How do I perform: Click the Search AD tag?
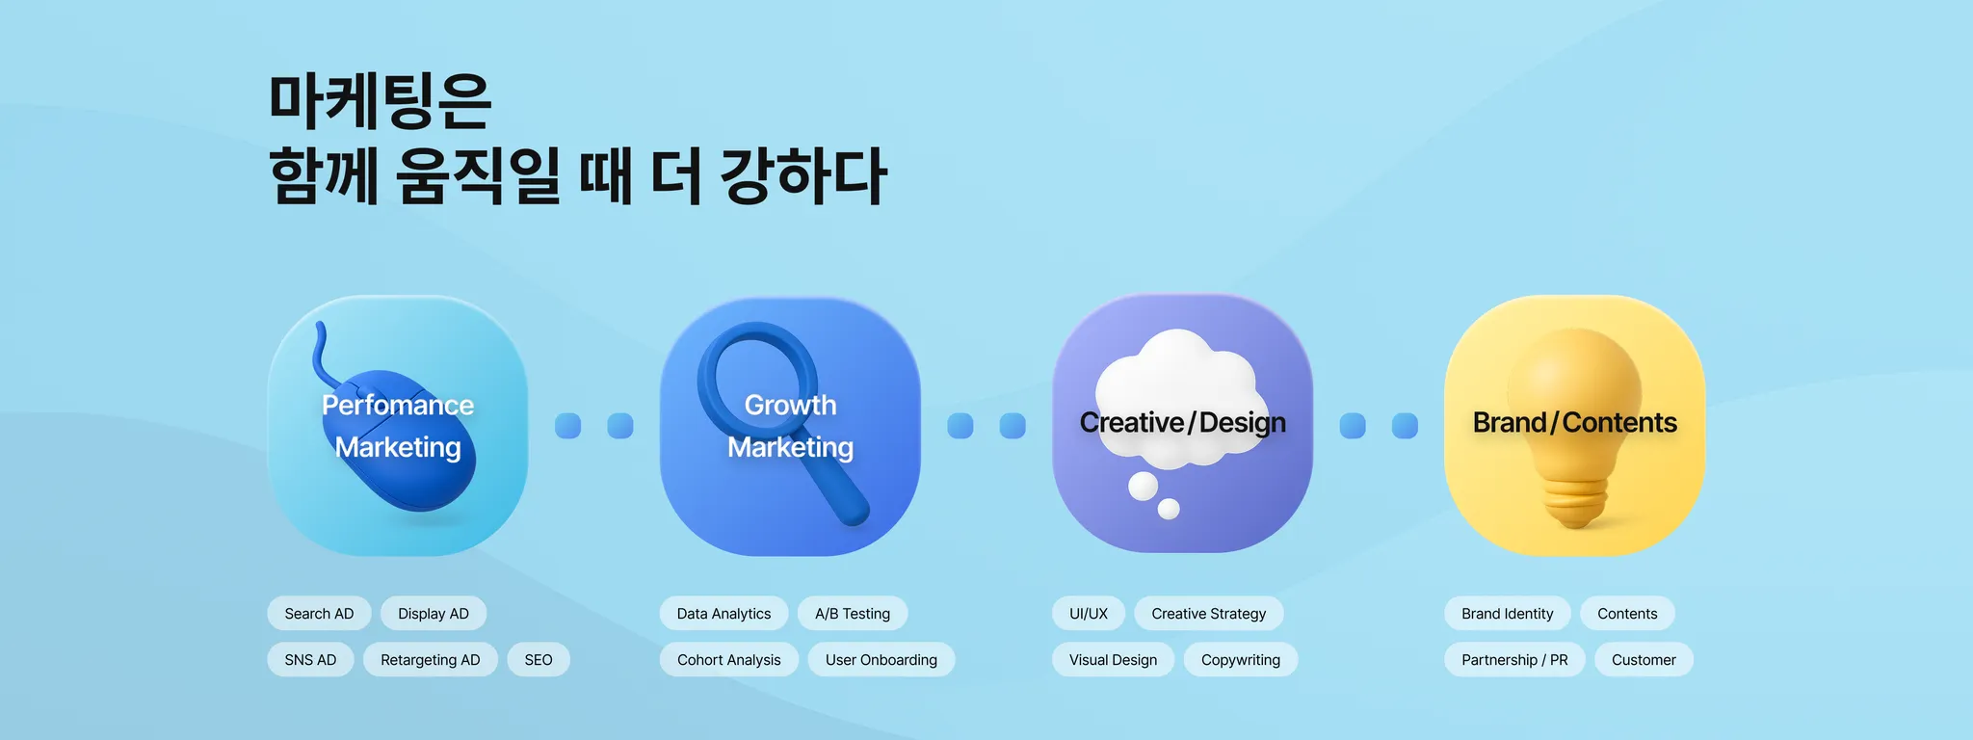click(x=319, y=614)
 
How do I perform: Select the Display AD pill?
click(x=434, y=614)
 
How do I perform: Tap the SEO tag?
click(x=539, y=660)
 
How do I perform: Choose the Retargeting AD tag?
click(x=430, y=660)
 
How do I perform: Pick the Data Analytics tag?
click(x=723, y=614)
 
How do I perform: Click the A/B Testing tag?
click(x=853, y=614)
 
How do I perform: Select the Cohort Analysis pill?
click(x=728, y=660)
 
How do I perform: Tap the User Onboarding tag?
click(x=881, y=660)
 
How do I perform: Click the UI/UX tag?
click(x=1089, y=614)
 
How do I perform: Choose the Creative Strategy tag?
click(x=1208, y=614)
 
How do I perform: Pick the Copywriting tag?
click(x=1241, y=660)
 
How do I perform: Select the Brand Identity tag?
click(x=1507, y=614)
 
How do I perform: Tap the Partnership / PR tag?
click(x=1514, y=660)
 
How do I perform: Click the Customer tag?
click(x=1644, y=660)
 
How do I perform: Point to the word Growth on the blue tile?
click(x=790, y=405)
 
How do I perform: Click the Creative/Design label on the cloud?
click(x=1183, y=422)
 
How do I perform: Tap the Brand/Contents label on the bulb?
click(x=1575, y=422)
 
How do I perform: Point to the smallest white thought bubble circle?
click(x=1169, y=509)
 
